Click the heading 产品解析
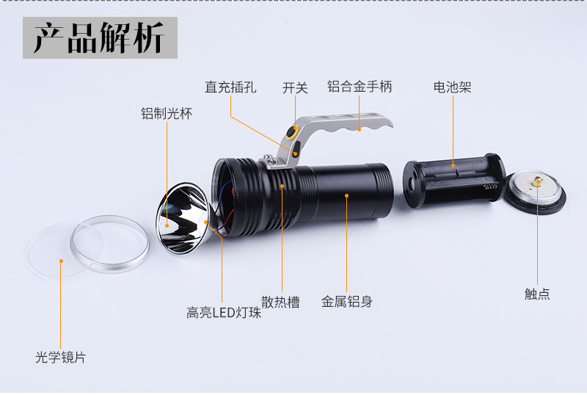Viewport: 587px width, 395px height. [x=98, y=38]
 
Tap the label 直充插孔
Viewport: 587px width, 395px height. [x=230, y=87]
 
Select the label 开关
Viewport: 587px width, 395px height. [x=295, y=87]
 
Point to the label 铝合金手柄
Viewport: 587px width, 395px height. [x=360, y=87]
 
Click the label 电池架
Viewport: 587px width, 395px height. [x=452, y=87]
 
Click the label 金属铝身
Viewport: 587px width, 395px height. [x=347, y=301]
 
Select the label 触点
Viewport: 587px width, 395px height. [x=537, y=294]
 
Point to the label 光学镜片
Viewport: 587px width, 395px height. [x=60, y=358]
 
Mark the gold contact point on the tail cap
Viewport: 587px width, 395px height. [x=536, y=181]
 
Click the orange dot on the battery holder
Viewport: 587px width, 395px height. [x=453, y=167]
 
